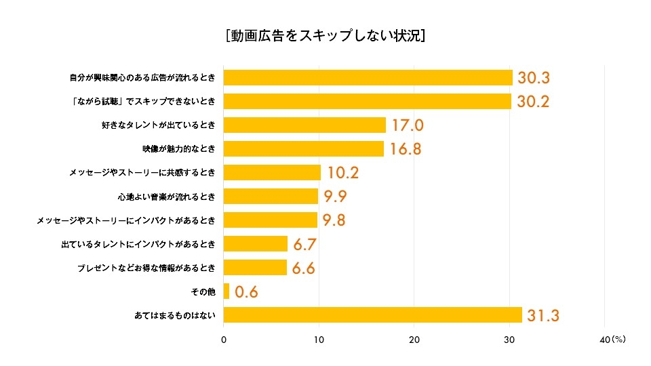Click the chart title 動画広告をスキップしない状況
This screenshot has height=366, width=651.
point(325,35)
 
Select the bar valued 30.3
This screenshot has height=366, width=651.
point(368,77)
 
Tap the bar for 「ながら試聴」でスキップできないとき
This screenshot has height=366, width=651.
point(368,101)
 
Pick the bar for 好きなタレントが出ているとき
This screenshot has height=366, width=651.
point(304,125)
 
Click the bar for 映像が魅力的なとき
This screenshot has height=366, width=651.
point(304,148)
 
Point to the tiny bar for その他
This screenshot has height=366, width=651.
point(226,291)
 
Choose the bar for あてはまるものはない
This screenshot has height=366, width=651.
point(373,315)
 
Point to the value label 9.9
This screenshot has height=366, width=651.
point(336,197)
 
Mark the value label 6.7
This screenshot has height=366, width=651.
point(305,245)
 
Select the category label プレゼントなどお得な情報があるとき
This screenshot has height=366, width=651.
point(147,268)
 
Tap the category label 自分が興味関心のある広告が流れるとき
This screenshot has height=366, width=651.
point(142,77)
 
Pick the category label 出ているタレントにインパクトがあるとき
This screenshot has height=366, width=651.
point(138,244)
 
